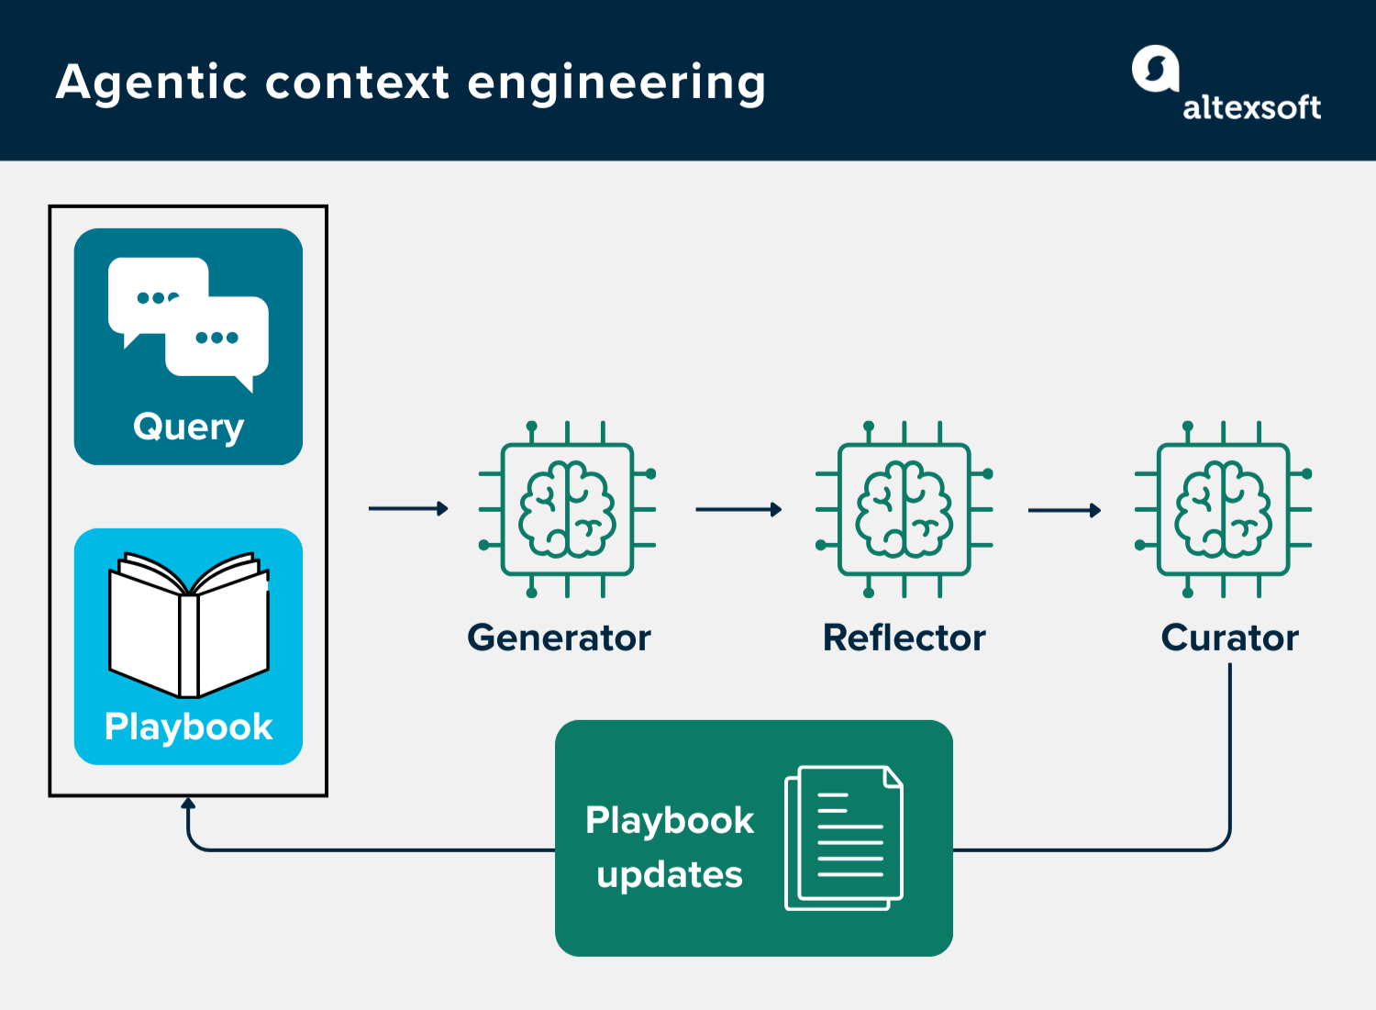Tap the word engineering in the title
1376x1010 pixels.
pyautogui.click(x=616, y=83)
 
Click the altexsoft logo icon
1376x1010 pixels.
pyautogui.click(x=1155, y=70)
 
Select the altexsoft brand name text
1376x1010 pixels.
pyautogui.click(x=1251, y=108)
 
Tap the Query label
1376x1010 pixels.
pyautogui.click(x=188, y=427)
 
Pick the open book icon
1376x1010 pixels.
pyautogui.click(x=188, y=624)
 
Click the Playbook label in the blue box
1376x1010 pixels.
pyautogui.click(x=188, y=727)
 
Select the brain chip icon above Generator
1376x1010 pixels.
pyautogui.click(x=567, y=509)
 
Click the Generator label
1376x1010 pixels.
pyautogui.click(x=559, y=638)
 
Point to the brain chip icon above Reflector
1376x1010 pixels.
pyautogui.click(x=904, y=509)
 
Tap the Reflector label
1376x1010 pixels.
pyautogui.click(x=904, y=638)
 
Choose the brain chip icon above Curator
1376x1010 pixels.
pyautogui.click(x=1223, y=509)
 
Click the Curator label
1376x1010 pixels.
pyautogui.click(x=1229, y=638)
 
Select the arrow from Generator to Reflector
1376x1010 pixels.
pyautogui.click(x=738, y=509)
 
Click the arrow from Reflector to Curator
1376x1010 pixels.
pyautogui.click(x=1064, y=510)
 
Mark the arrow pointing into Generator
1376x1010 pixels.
pyautogui.click(x=408, y=508)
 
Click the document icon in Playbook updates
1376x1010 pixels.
pyautogui.click(x=844, y=838)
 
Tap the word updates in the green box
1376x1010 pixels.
pyautogui.click(x=670, y=875)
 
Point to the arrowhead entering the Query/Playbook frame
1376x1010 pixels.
pyautogui.click(x=188, y=805)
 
